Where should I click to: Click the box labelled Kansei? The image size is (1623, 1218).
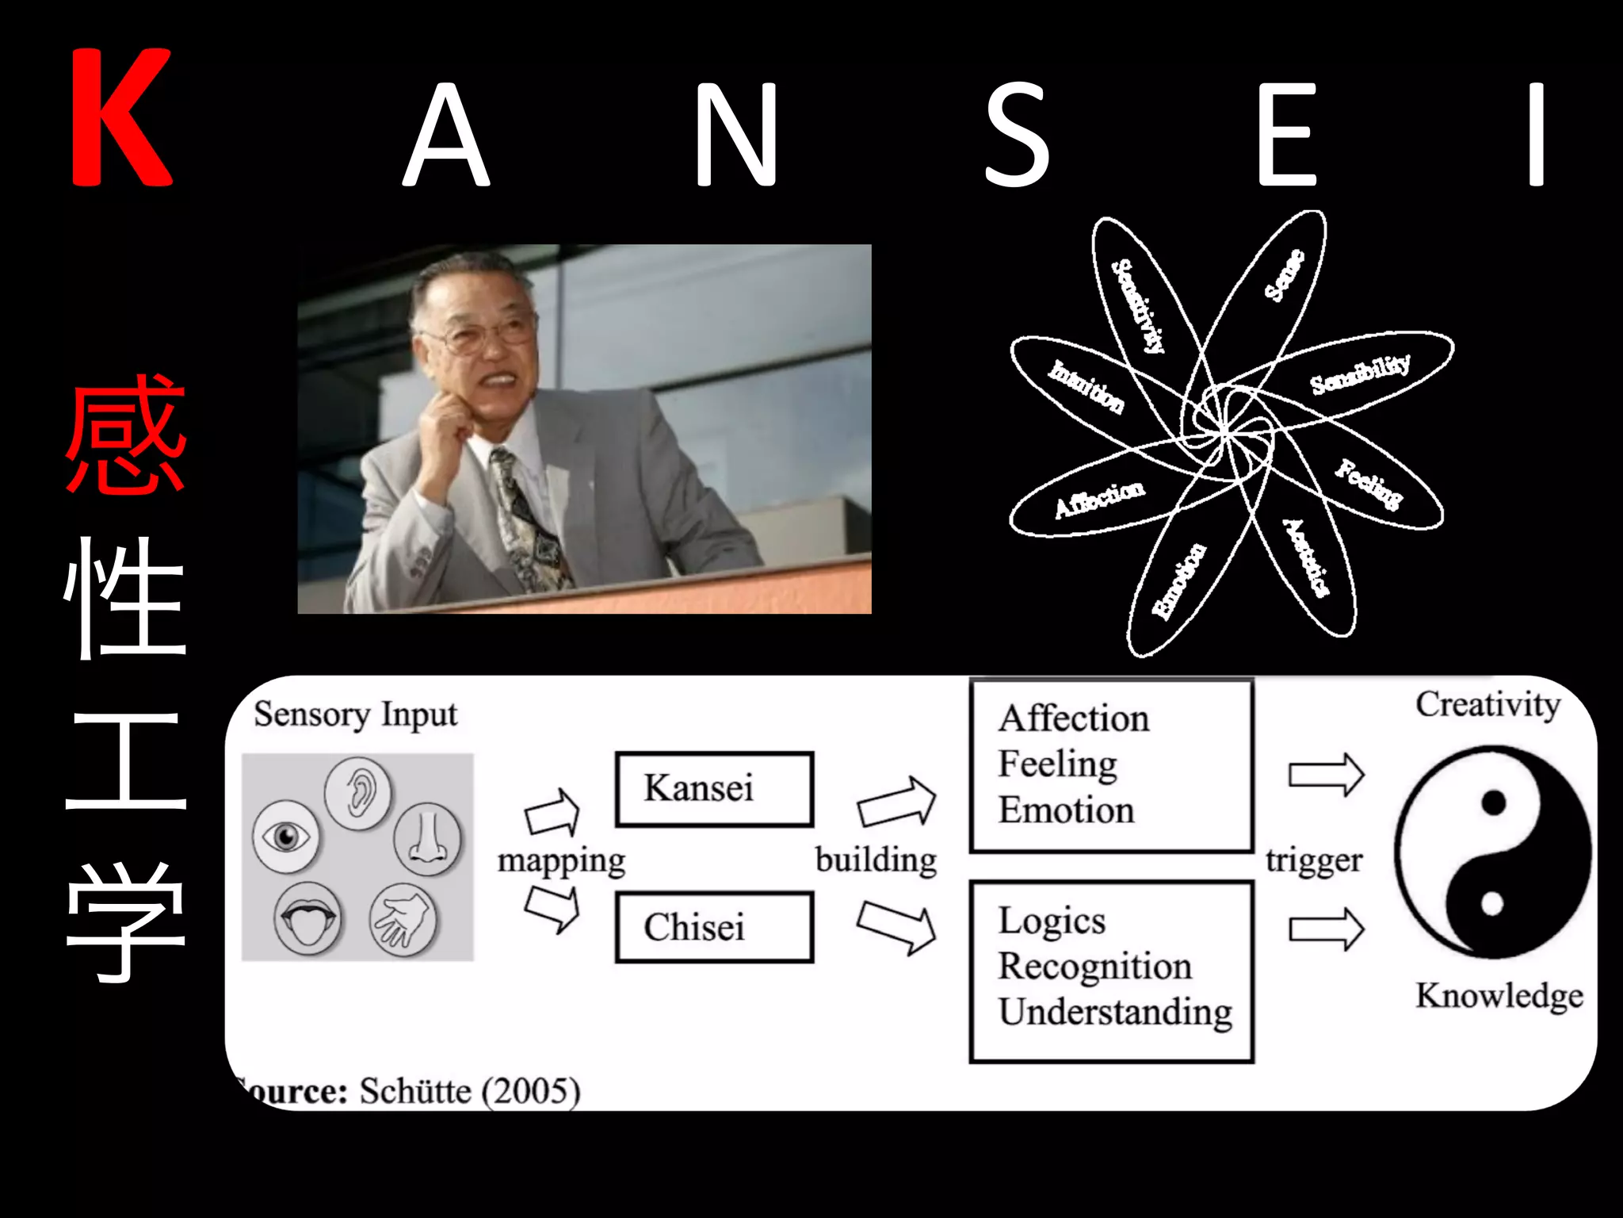[714, 789]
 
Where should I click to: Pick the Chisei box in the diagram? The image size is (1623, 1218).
[714, 927]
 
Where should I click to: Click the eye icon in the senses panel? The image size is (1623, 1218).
[285, 836]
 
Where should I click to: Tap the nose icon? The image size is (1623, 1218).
[427, 839]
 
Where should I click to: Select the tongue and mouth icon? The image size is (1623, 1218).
[307, 918]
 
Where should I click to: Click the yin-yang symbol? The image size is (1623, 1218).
[1492, 851]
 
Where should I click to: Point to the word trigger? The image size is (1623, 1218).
[1314, 860]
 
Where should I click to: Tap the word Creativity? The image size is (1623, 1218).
[1487, 705]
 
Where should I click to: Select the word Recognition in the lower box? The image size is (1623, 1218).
[1094, 967]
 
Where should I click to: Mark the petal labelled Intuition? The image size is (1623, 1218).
[1086, 386]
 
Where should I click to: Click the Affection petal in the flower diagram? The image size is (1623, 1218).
[1099, 500]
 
